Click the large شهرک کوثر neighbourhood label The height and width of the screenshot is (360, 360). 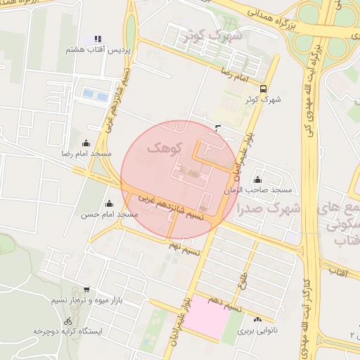(215, 35)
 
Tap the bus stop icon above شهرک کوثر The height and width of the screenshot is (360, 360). (263, 89)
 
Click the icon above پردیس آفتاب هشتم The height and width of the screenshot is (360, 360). (98, 38)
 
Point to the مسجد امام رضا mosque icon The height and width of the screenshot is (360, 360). (86, 142)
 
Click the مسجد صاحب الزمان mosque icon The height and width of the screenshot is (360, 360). (258, 179)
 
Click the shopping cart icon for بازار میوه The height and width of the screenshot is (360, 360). (86, 289)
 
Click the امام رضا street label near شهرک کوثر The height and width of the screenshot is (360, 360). (232, 73)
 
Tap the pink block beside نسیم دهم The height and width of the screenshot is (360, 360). (209, 318)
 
